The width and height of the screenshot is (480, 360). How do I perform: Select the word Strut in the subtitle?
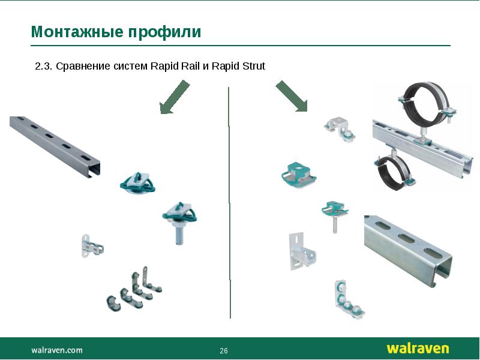click(x=253, y=66)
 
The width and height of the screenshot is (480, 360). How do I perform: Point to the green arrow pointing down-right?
click(x=292, y=96)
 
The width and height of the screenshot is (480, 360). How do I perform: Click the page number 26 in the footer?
click(x=224, y=350)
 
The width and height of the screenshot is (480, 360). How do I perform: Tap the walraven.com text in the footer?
click(x=57, y=350)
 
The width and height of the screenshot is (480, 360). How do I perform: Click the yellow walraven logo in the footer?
click(x=417, y=349)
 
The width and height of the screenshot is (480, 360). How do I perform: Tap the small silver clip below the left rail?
click(x=91, y=247)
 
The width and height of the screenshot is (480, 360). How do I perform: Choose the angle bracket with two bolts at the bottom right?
click(x=346, y=298)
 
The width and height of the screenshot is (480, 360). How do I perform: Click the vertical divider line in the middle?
click(x=229, y=204)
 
